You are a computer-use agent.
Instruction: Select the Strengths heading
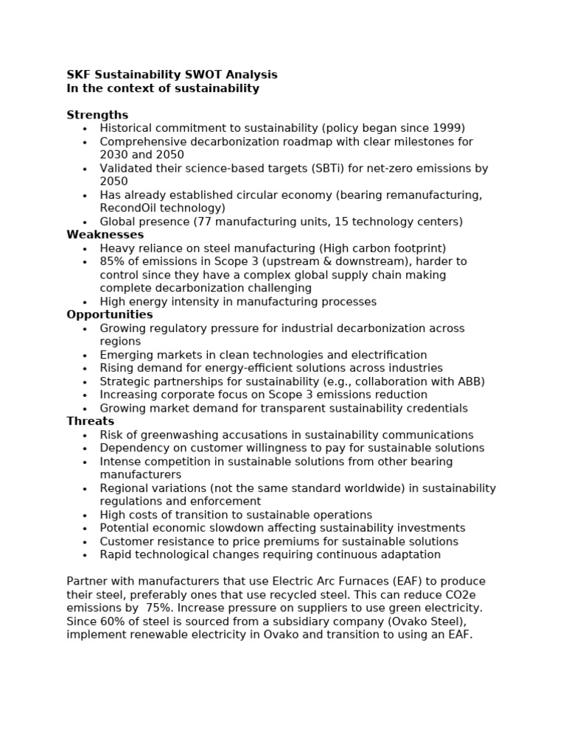(x=97, y=115)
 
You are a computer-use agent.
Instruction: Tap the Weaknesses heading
(x=105, y=235)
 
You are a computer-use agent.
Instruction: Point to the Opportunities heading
(x=110, y=315)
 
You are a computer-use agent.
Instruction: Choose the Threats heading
(x=91, y=422)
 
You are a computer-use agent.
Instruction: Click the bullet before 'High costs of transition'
(x=85, y=515)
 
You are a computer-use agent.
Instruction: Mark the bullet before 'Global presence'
(x=85, y=222)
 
